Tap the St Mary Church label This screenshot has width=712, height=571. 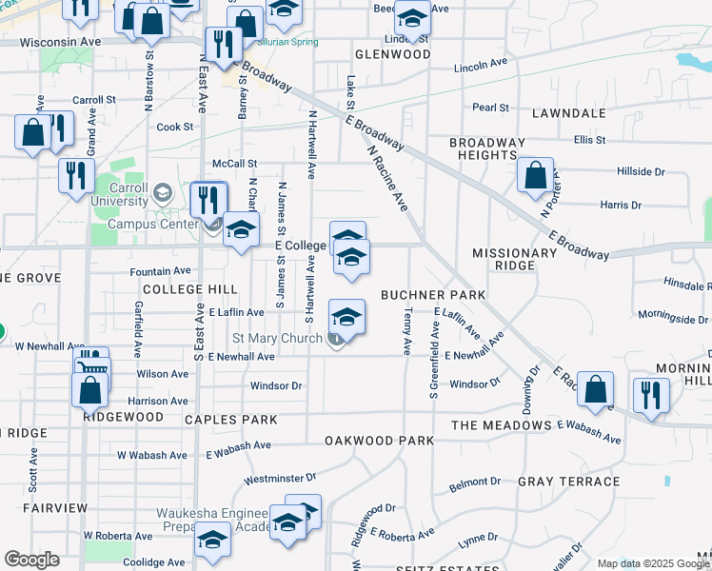[280, 339]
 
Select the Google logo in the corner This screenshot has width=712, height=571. [31, 560]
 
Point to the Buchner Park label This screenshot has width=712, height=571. [433, 295]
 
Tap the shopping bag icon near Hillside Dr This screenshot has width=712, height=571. [536, 175]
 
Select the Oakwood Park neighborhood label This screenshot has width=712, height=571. [379, 441]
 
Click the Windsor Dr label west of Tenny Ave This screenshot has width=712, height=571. [276, 385]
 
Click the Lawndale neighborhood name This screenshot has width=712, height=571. [569, 113]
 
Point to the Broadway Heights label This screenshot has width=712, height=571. [487, 148]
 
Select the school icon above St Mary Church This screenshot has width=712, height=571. [346, 317]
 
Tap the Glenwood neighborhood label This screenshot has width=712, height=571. [391, 54]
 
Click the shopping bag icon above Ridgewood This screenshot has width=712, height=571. [90, 390]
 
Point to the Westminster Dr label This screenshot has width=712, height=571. [280, 477]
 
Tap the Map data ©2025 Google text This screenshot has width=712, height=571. [652, 563]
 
